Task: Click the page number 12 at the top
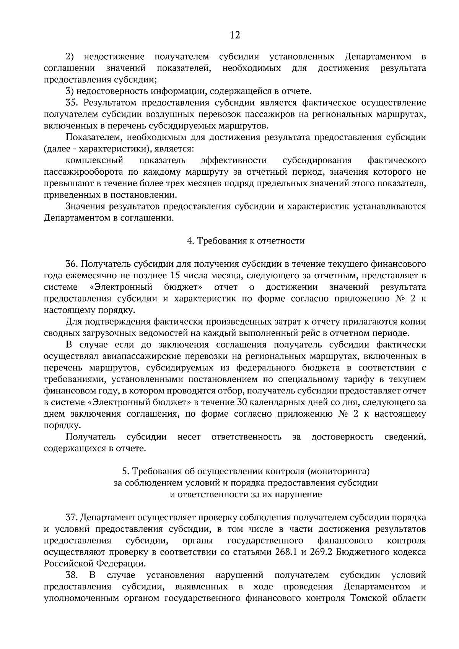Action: point(234,36)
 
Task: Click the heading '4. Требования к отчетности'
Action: point(246,241)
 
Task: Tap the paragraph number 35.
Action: point(72,102)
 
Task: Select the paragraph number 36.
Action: point(72,264)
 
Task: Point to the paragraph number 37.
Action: point(72,518)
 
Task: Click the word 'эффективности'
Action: point(234,160)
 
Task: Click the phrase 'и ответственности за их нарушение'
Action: point(246,494)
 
